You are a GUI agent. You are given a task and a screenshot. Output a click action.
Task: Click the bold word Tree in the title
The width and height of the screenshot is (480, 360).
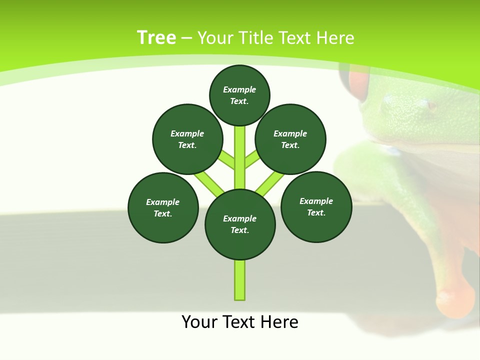coord(156,38)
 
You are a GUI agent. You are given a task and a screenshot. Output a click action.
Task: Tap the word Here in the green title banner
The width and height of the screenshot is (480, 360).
coord(335,38)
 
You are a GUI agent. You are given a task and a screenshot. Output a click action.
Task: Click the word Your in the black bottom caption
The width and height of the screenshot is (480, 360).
coord(199,322)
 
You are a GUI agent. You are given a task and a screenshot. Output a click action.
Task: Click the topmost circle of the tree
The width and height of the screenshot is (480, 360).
coord(239,95)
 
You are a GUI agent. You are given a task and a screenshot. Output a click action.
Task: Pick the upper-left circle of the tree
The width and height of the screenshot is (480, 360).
coord(187,139)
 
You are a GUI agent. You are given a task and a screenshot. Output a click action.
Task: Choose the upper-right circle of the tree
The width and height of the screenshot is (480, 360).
coord(290,139)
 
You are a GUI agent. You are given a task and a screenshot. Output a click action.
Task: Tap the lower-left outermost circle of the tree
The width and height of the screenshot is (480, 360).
coord(163,207)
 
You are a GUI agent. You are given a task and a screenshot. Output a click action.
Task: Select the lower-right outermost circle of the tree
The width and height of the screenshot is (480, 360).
coord(316,206)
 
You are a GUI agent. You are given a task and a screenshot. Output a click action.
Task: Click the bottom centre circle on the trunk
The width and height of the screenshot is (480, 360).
coord(240,224)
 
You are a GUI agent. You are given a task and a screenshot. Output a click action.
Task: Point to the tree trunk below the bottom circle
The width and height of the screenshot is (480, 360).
coord(240,280)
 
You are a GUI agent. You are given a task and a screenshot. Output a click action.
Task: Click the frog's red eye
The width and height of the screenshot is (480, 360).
coord(358,82)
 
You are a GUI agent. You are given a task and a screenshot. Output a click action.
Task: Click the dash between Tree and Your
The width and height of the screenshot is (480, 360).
coord(186,38)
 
